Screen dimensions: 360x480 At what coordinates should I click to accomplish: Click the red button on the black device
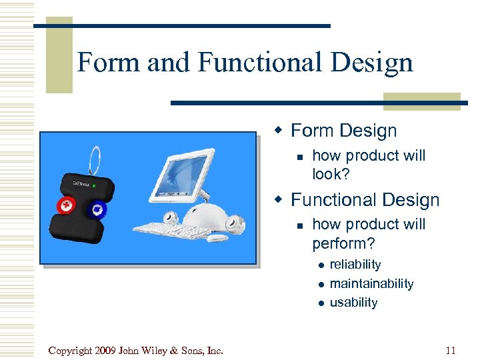pyautogui.click(x=66, y=206)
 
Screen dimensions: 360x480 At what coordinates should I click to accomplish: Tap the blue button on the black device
pyautogui.click(x=97, y=209)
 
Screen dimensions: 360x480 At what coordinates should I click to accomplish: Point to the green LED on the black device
pyautogui.click(x=95, y=185)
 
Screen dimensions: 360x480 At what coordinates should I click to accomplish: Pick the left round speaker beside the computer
pyautogui.click(x=171, y=217)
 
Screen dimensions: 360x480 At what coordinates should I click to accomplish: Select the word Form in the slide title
pyautogui.click(x=109, y=63)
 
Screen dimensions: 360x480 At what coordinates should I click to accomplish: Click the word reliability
pyautogui.click(x=355, y=265)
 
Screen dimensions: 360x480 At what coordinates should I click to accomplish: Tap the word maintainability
pyautogui.click(x=371, y=283)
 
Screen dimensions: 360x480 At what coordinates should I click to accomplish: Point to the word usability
pyautogui.click(x=353, y=302)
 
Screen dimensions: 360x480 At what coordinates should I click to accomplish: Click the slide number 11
pyautogui.click(x=451, y=349)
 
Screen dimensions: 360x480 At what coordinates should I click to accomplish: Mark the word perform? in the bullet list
pyautogui.click(x=343, y=242)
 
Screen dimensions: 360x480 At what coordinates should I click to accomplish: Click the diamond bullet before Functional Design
pyautogui.click(x=281, y=199)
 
